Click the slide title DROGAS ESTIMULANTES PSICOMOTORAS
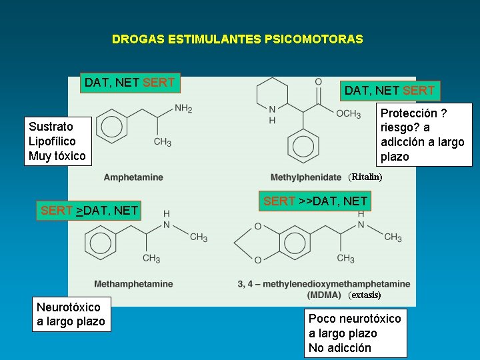(237, 39)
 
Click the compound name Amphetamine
(133, 177)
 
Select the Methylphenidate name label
(306, 177)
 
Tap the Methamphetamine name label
(133, 284)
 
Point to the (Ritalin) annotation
(365, 177)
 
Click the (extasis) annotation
(365, 295)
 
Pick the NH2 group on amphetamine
(183, 109)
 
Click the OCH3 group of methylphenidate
(348, 114)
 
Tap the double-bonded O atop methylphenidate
(319, 82)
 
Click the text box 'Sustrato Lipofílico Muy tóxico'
(57, 141)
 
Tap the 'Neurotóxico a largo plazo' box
(71, 314)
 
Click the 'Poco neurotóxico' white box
(355, 333)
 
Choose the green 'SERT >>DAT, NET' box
(315, 201)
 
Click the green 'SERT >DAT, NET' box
(89, 211)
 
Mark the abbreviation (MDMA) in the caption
(324, 295)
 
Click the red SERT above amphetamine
(159, 83)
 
